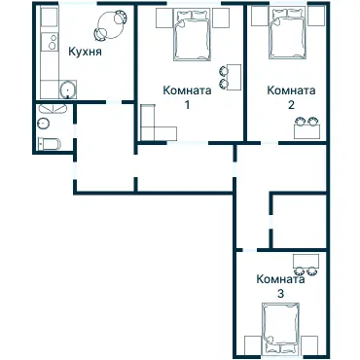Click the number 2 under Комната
click(290, 103)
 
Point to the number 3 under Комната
click(280, 292)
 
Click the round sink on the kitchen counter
click(67, 91)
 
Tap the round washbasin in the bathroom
click(45, 124)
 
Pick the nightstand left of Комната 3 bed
click(253, 342)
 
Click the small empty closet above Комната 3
click(299, 220)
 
